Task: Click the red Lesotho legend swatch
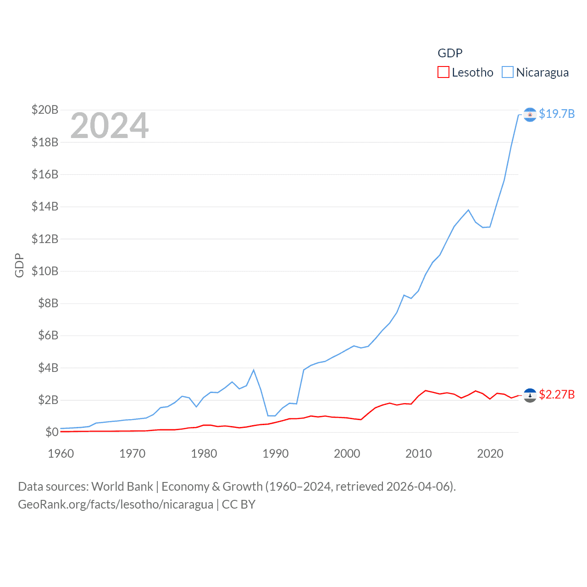443,72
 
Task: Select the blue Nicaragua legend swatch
507,72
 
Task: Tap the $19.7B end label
557,114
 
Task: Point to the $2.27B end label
557,394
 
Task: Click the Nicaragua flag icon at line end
530,115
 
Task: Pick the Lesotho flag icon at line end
530,395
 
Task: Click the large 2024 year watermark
109,126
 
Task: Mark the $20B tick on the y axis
45,110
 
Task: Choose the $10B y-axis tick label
45,271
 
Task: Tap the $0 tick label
52,432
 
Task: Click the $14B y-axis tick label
45,206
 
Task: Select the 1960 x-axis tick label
61,454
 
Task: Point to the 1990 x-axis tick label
276,454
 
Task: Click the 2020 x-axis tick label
490,454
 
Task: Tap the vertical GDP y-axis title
19,265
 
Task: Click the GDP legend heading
450,53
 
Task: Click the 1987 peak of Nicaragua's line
254,370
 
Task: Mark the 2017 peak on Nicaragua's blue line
468,210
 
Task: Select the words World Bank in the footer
122,486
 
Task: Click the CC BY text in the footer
238,504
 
